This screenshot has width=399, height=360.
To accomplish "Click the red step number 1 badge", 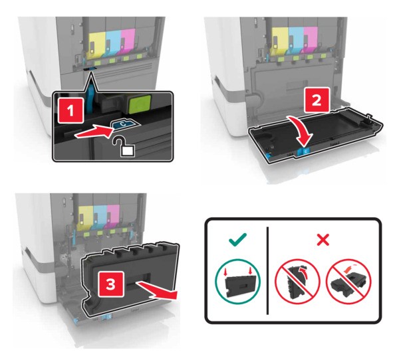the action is click(70, 110).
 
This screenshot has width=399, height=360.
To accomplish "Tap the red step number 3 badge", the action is click(111, 284).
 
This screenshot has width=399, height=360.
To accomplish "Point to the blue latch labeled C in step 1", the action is click(124, 124).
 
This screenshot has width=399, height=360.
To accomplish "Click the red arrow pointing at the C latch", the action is click(94, 132).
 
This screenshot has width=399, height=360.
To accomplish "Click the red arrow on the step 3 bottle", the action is click(156, 291).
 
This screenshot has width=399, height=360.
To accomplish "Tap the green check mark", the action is click(237, 240).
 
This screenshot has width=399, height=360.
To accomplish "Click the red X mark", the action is click(323, 240).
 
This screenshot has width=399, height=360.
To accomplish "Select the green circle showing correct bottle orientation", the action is click(237, 281).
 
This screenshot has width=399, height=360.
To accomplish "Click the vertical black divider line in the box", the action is click(268, 270).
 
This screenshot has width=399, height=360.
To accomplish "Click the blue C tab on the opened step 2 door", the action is click(305, 151).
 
